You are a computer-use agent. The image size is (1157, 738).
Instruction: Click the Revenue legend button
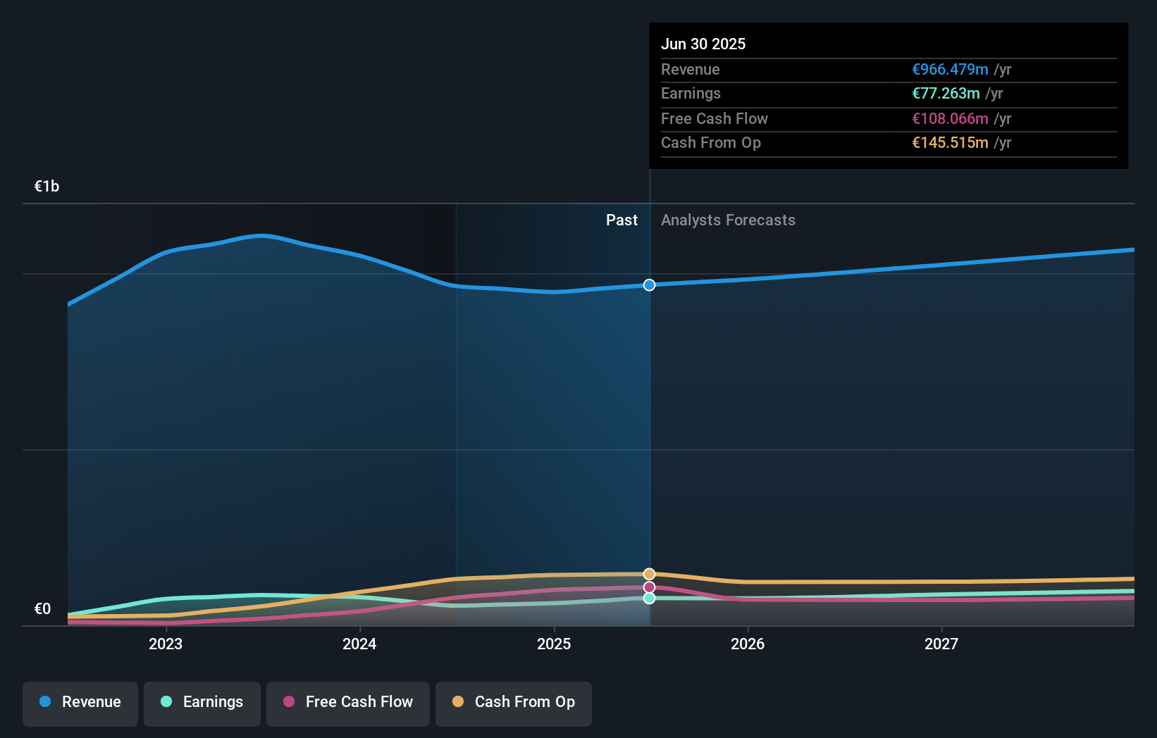coord(80,702)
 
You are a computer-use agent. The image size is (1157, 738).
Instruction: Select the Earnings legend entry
coord(202,702)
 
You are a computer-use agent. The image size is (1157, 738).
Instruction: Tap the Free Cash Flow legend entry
coord(348,702)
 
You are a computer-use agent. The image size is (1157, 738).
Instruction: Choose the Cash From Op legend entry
coord(514,702)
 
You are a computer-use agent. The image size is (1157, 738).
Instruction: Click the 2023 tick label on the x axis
coord(166,644)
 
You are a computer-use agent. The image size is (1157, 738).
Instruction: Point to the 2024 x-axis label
coord(359,644)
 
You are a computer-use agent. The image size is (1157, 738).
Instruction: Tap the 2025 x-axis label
coord(554,644)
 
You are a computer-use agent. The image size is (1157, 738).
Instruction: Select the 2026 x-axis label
coord(748,644)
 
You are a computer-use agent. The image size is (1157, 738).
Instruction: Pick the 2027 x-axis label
coord(941,644)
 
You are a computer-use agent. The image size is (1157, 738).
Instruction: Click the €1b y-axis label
coord(47,187)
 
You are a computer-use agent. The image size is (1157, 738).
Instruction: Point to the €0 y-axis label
coord(42,609)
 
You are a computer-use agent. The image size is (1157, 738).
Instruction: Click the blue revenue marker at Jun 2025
coord(649,285)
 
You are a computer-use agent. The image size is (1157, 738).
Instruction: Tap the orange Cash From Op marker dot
coord(649,575)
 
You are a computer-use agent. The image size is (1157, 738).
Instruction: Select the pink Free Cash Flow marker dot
coord(649,587)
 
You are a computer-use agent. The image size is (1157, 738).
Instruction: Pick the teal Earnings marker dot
coord(649,598)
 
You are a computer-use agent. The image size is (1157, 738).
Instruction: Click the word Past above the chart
coord(621,220)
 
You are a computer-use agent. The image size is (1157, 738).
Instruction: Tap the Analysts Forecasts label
coord(728,220)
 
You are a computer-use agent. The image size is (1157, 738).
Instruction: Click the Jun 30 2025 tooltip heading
coord(703,44)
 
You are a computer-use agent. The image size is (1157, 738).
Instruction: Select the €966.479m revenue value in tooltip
coord(950,70)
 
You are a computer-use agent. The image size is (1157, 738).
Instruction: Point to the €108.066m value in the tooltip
coord(950,119)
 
